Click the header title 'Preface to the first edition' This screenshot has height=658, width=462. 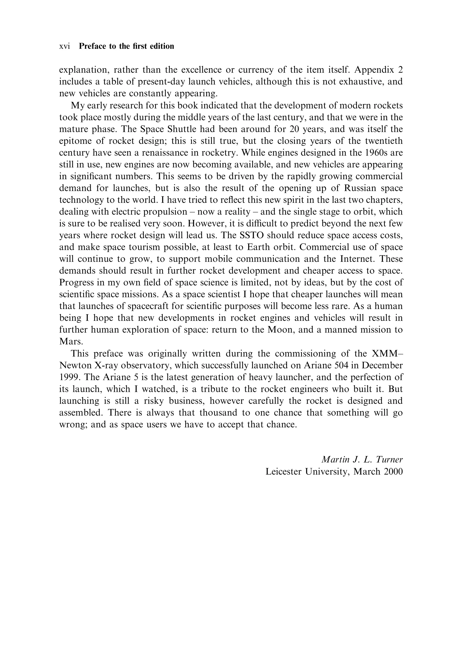(126, 46)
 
